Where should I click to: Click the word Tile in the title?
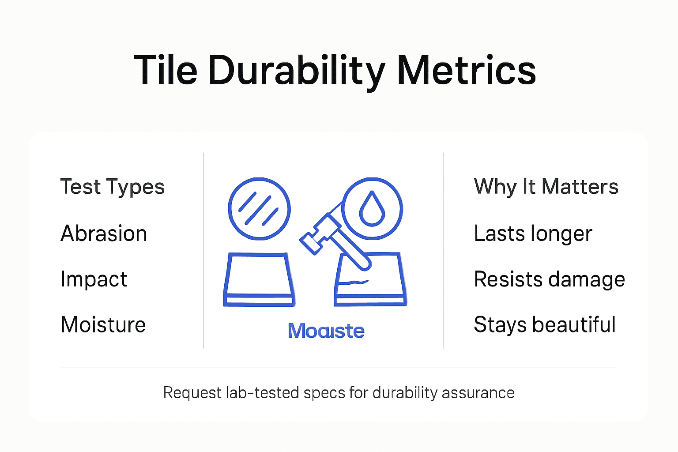[165, 71]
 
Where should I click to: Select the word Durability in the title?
[297, 71]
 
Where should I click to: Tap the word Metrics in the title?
[466, 71]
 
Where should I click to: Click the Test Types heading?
[113, 187]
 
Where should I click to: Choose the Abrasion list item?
[104, 234]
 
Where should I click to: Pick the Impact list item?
[94, 279]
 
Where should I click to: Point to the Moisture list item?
[103, 325]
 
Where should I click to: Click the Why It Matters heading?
[546, 187]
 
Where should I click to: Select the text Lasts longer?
[533, 234]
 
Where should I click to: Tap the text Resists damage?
[549, 279]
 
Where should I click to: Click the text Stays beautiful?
[545, 325]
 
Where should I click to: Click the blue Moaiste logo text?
[326, 331]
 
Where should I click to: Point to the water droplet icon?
[372, 209]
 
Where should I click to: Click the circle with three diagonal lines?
[259, 209]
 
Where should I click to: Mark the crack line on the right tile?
[358, 282]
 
